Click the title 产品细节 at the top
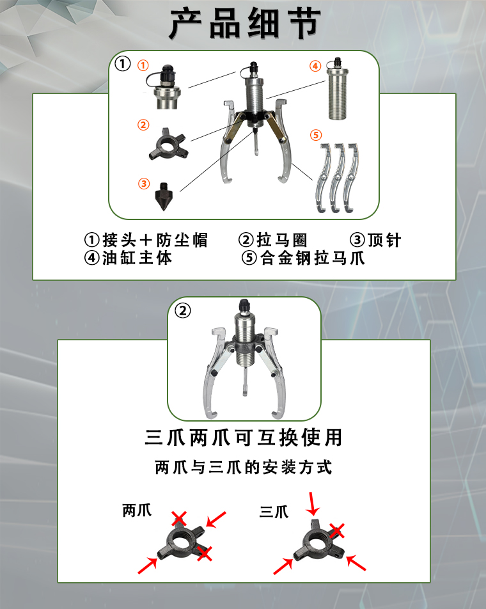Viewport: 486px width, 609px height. point(246,24)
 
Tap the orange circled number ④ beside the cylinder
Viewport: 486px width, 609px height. point(315,66)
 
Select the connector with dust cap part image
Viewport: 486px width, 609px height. point(164,87)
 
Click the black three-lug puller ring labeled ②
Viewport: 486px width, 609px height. point(168,145)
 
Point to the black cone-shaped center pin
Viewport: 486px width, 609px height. point(164,196)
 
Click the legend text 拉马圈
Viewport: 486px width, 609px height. point(282,240)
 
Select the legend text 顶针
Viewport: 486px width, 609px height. point(384,240)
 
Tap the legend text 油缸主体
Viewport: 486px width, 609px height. point(137,258)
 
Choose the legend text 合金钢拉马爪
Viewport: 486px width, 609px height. point(313,258)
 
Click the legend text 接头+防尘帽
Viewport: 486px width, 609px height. point(155,240)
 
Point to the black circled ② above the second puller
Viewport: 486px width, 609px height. point(183,311)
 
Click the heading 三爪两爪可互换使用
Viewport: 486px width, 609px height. point(244,438)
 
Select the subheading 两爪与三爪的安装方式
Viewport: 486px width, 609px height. point(244,467)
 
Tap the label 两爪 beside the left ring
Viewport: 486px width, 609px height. point(137,510)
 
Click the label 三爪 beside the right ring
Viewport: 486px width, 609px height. point(274,512)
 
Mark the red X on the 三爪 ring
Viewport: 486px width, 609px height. point(337,530)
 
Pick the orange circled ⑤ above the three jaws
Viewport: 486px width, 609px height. point(316,135)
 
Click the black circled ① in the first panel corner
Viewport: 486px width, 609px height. point(123,64)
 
